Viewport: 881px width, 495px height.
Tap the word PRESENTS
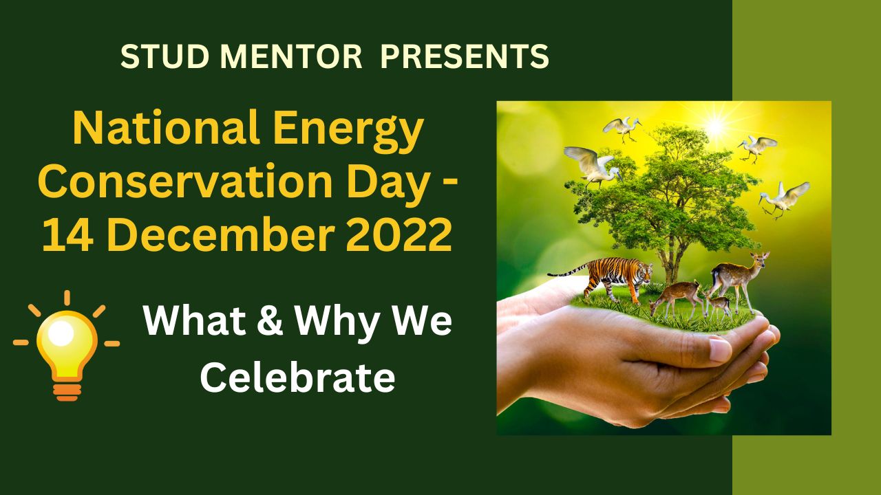[x=465, y=56]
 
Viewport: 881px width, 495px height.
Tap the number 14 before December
[x=65, y=234]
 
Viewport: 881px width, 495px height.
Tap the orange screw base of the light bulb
[x=67, y=390]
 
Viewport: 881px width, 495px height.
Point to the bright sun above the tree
[x=716, y=125]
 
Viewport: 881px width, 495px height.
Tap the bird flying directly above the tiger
[x=589, y=166]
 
